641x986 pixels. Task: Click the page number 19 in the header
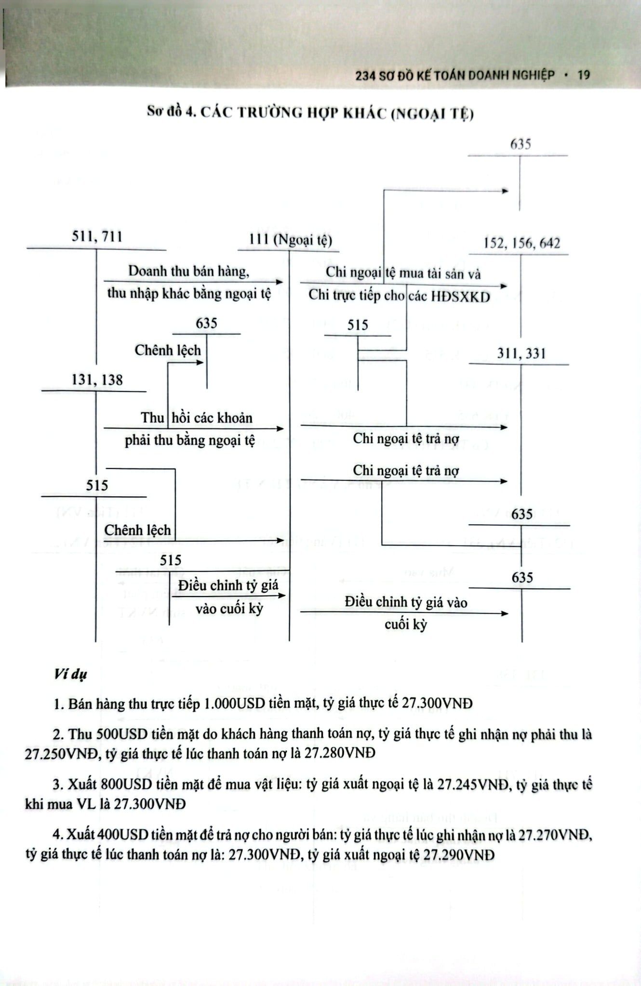(x=583, y=75)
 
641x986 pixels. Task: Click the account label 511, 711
(x=97, y=236)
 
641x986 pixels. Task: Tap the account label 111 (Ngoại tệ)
(x=291, y=240)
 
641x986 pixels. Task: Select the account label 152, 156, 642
(x=522, y=243)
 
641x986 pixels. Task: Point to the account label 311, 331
(x=521, y=354)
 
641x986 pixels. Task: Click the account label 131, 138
(x=97, y=380)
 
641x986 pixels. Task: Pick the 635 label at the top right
(x=521, y=144)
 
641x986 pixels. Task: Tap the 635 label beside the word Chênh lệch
(x=206, y=323)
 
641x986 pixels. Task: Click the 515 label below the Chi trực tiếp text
(x=358, y=325)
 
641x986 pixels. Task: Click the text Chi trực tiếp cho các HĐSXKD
(x=399, y=296)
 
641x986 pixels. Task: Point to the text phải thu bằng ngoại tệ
(x=190, y=441)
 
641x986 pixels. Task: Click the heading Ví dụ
(x=70, y=675)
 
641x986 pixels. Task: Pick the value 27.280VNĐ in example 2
(x=339, y=753)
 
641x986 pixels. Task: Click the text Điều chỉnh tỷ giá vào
(x=406, y=602)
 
